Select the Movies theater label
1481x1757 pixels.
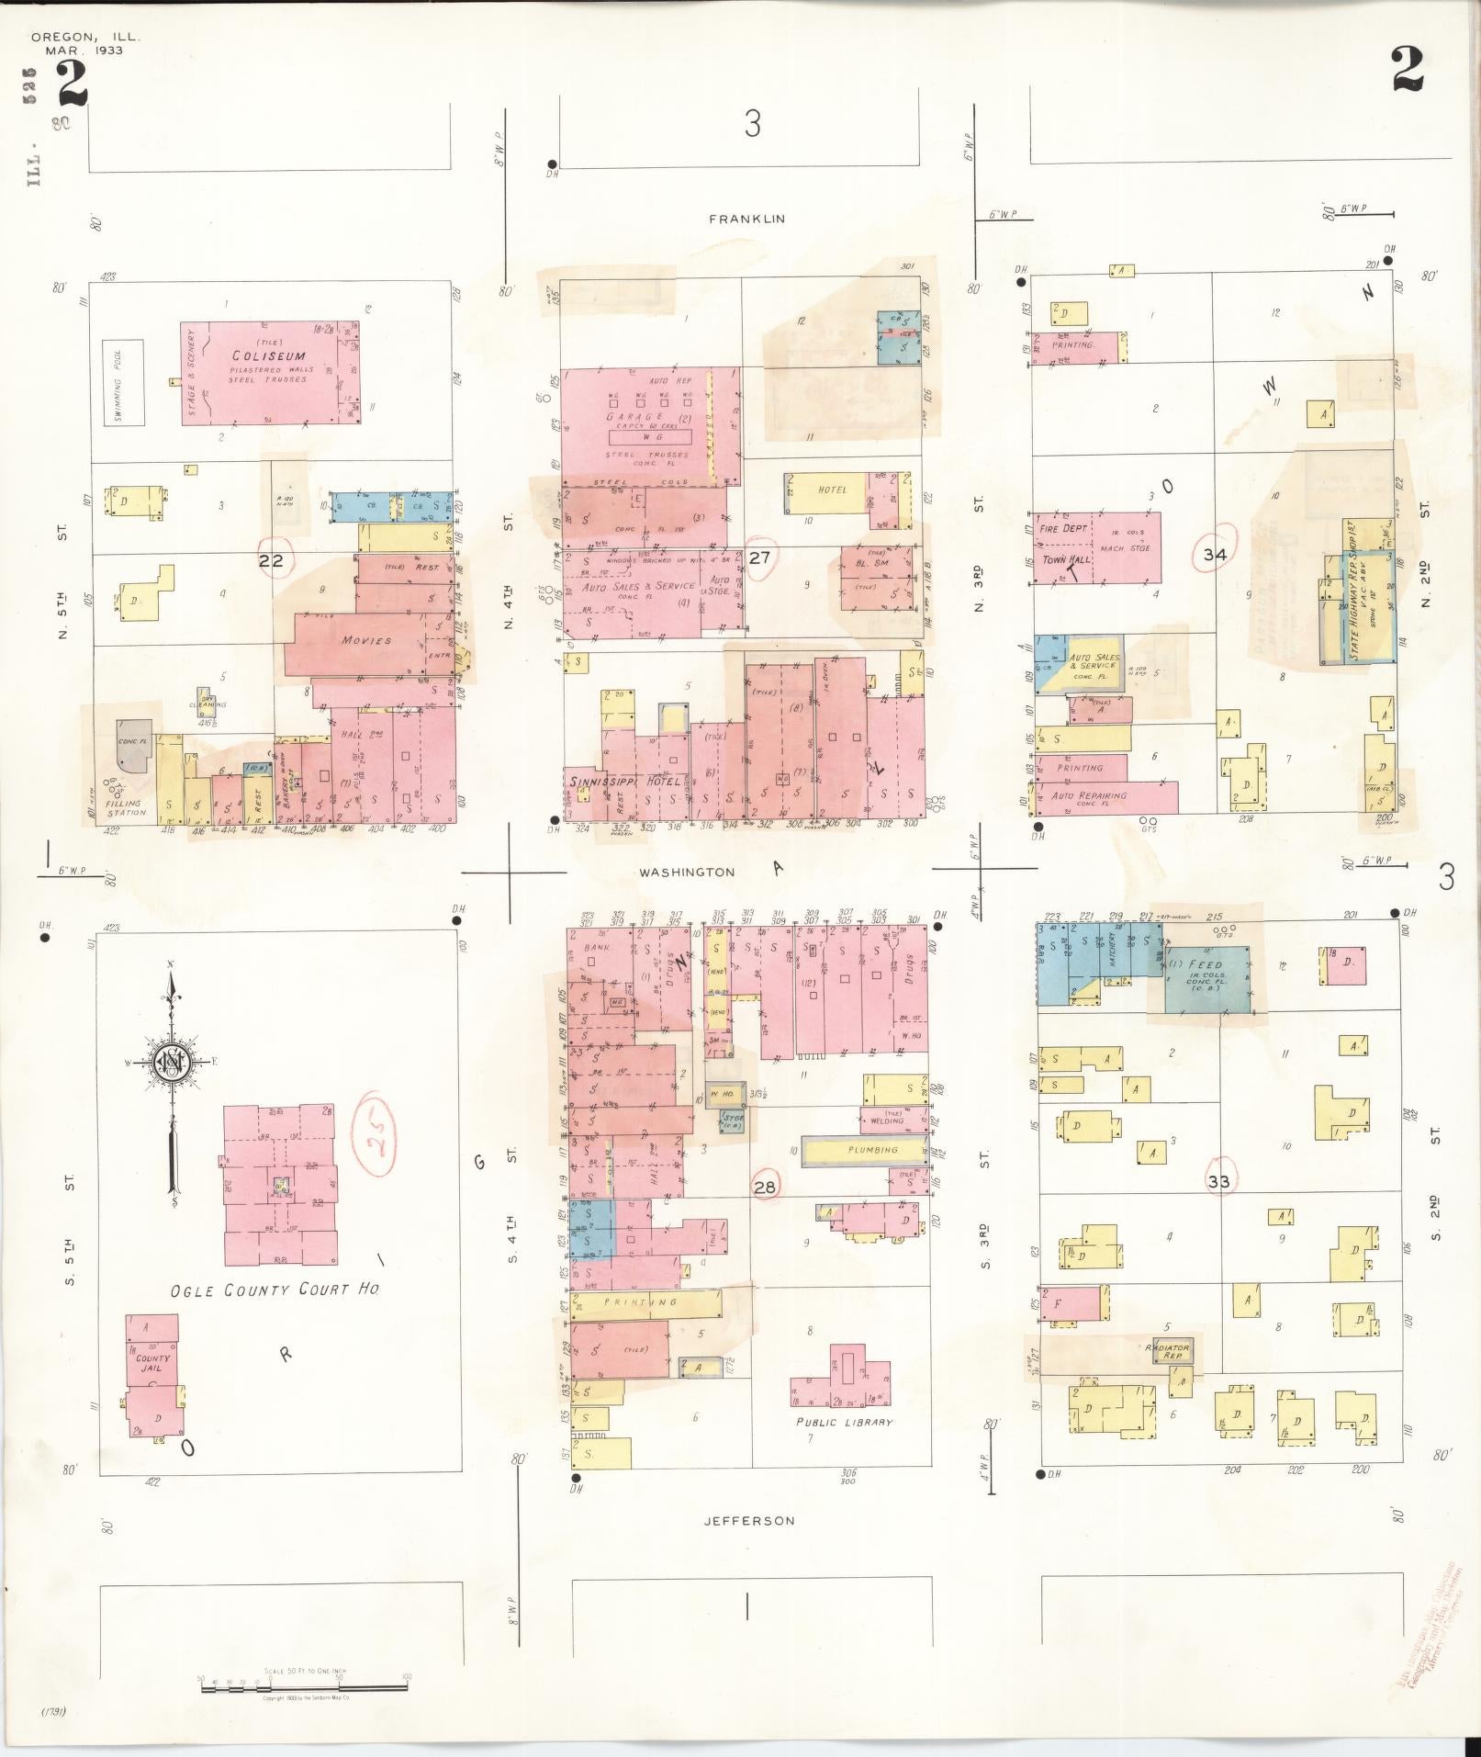coord(366,640)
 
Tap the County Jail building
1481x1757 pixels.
coord(152,1363)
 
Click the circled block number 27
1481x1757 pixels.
coord(759,557)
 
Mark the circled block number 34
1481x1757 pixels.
coord(1215,554)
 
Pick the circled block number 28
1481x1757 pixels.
coord(765,1187)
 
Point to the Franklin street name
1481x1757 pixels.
coord(746,219)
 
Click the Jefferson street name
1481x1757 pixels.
coord(748,1520)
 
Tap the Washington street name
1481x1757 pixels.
coord(687,872)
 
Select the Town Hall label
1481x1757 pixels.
coord(1065,559)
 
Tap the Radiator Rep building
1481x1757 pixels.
coord(1168,1350)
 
